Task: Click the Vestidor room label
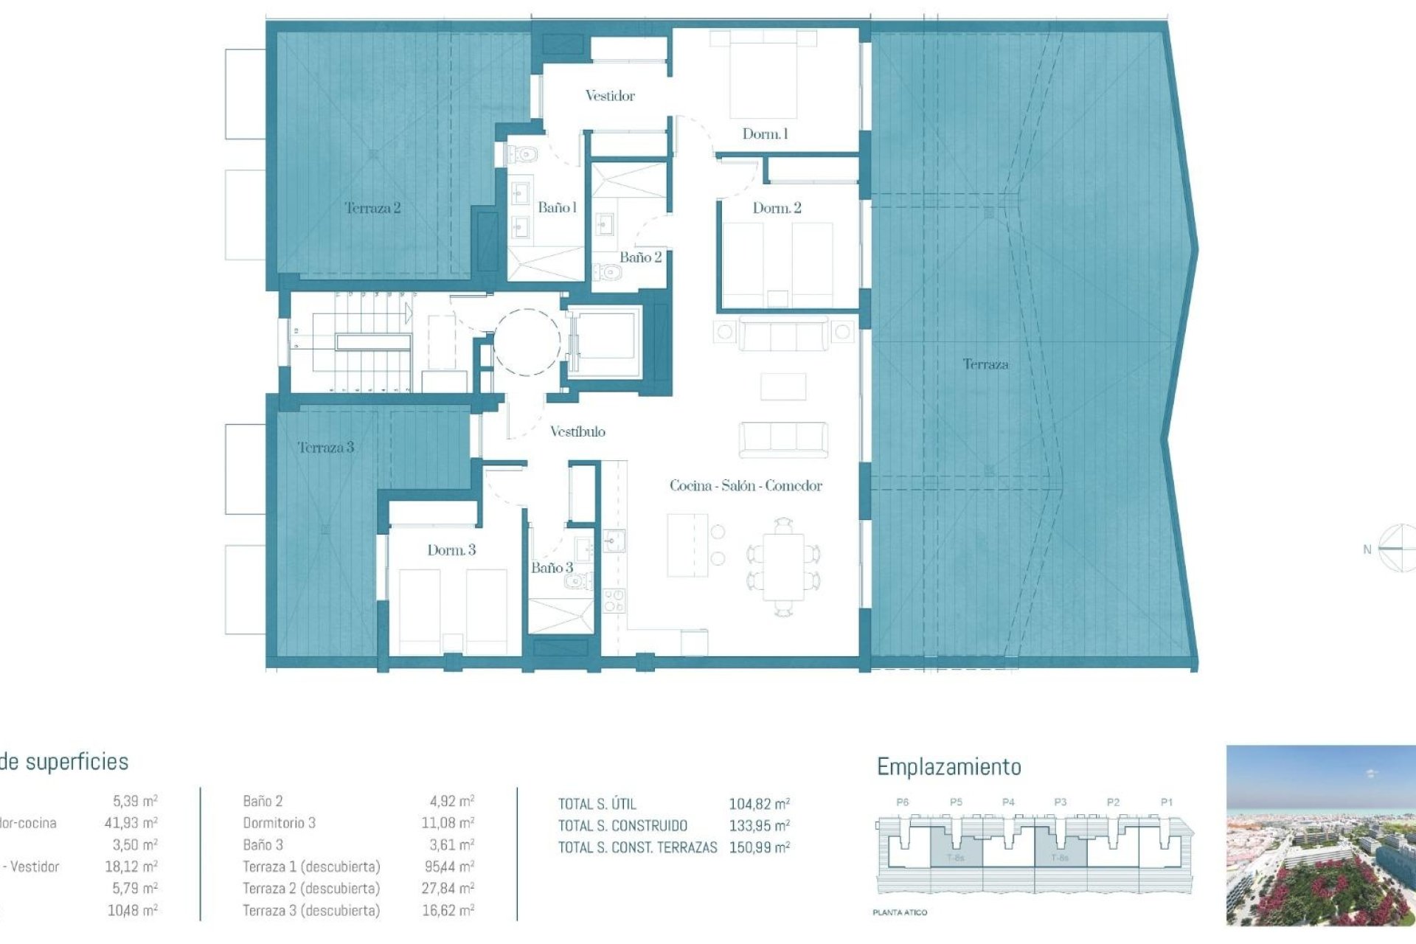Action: coord(609,96)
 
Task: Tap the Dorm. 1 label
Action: coord(765,134)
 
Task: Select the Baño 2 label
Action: coord(640,257)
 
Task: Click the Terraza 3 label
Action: coord(326,448)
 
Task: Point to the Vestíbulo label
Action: coord(577,432)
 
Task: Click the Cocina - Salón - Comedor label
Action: coord(746,486)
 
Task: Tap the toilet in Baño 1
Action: coord(524,155)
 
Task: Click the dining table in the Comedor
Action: coord(783,567)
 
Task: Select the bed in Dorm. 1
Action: coord(763,74)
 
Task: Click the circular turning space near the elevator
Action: coord(527,342)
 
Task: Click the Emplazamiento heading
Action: coord(948,767)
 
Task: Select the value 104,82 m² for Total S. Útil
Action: coord(759,805)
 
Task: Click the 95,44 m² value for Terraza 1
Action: coord(448,867)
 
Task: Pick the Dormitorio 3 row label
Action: coord(279,823)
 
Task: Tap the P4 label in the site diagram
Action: coord(1008,802)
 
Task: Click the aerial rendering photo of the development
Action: coord(1320,835)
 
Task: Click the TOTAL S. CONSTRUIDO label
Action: coord(622,826)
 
